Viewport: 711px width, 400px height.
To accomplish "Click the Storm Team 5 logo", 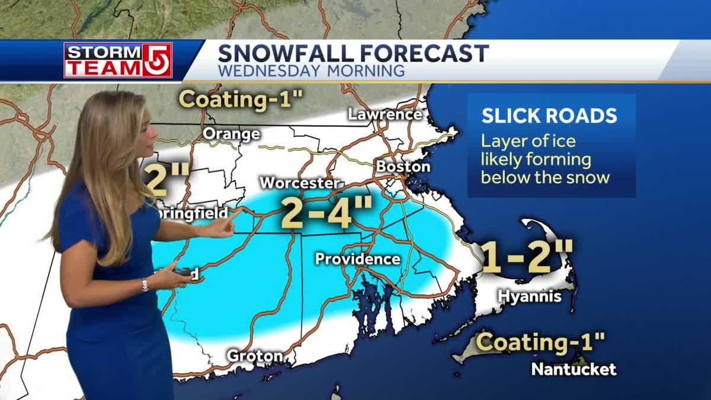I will click(x=118, y=60).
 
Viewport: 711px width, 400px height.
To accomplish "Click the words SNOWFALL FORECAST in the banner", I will click(x=353, y=53).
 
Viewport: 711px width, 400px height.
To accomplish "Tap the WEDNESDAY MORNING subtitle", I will click(x=311, y=71).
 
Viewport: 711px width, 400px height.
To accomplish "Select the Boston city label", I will click(x=403, y=167).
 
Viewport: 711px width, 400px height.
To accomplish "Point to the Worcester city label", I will click(x=300, y=183).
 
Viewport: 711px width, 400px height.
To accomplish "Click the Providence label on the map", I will click(x=357, y=259).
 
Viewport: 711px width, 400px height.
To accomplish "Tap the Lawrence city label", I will click(x=385, y=115).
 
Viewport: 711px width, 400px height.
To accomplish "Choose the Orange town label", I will click(x=231, y=135).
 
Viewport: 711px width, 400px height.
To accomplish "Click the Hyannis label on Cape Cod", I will click(x=529, y=296).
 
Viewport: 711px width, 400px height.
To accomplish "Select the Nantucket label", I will click(x=573, y=369).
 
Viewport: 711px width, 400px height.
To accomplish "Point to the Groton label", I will click(x=255, y=356).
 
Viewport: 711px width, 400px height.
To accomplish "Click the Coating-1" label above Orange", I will click(x=241, y=99).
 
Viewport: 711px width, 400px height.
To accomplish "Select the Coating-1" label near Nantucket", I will click(x=540, y=342).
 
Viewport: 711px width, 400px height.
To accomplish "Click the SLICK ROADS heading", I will click(x=549, y=116).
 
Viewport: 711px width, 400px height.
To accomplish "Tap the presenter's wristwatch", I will click(x=144, y=285).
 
